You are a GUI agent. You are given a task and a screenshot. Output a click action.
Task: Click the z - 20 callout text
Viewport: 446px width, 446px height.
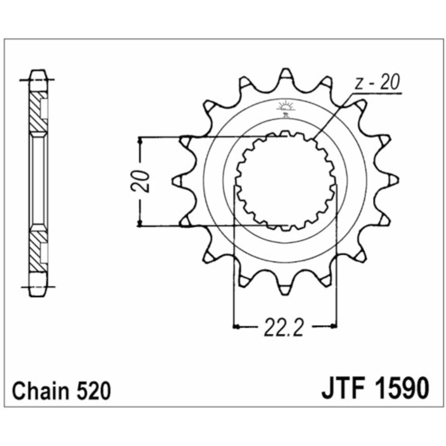tap(377, 83)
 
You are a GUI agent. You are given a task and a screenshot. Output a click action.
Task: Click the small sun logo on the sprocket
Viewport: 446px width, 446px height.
tap(284, 107)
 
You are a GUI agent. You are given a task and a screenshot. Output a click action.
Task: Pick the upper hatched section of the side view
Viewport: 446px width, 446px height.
tap(35, 111)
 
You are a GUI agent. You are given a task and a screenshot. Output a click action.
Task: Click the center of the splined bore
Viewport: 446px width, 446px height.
tap(285, 181)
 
